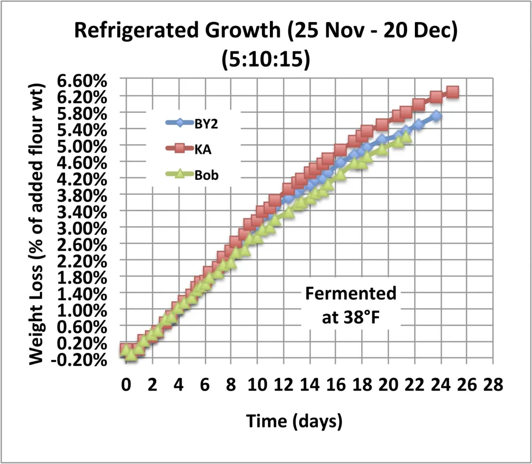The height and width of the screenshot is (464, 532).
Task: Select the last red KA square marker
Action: pyautogui.click(x=452, y=92)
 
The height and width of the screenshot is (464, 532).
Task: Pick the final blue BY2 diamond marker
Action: pyautogui.click(x=436, y=116)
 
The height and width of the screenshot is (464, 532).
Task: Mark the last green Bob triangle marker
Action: pyautogui.click(x=405, y=138)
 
